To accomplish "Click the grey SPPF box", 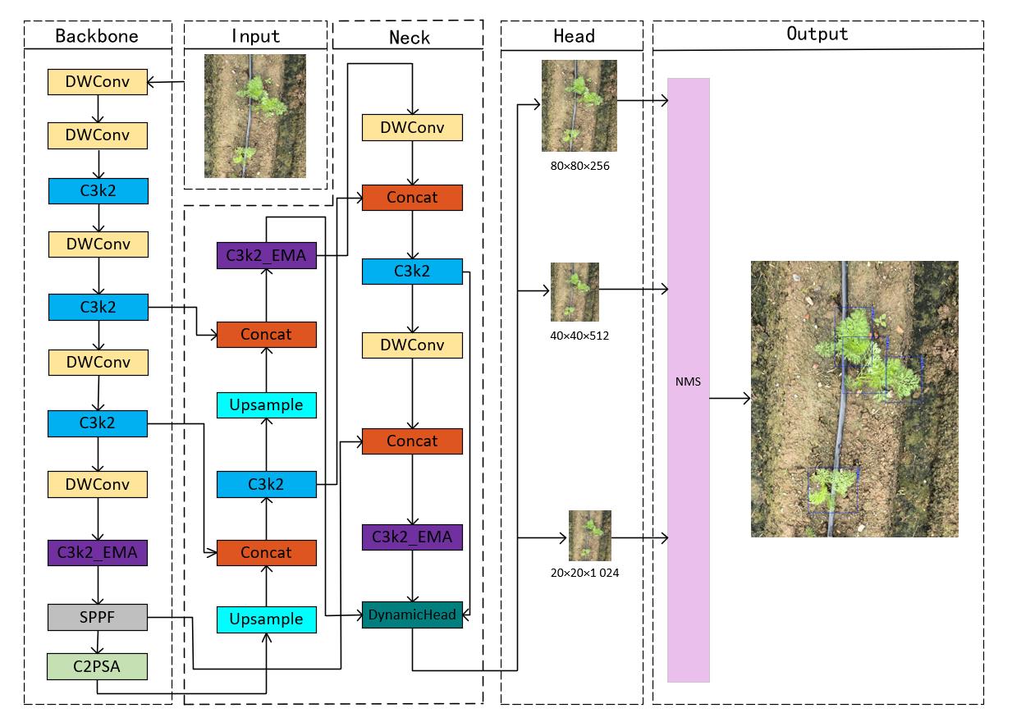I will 98,618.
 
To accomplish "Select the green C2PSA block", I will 98,665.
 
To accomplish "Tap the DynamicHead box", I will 412,615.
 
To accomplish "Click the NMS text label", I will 688,382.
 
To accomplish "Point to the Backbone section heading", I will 96,36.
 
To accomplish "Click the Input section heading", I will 255,36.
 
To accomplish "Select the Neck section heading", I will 409,37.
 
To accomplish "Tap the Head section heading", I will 574,36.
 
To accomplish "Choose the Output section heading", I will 817,34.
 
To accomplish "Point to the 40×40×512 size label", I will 579,335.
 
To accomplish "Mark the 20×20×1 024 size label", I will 584,573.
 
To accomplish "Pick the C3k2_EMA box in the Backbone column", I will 98,552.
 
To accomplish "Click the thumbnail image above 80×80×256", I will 579,106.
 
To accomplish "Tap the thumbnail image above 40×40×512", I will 575,291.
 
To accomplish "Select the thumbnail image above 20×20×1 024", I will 589,535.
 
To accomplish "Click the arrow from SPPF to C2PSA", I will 98,642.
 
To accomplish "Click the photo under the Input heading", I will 254,116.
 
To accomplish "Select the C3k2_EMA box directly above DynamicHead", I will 412,537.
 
